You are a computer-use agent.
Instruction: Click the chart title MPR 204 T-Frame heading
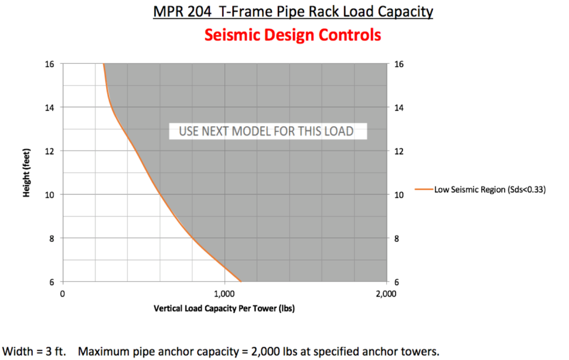point(292,12)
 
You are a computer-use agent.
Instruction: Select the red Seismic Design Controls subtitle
point(292,35)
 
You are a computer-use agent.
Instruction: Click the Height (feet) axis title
point(26,172)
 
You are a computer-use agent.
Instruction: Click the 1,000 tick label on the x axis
point(224,293)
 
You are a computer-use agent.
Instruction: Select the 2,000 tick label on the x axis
point(386,293)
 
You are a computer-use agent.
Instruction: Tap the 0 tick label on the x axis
point(63,293)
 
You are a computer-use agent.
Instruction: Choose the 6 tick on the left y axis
point(51,282)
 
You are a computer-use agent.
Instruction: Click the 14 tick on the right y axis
point(399,107)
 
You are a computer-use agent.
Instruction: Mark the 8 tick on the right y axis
point(397,238)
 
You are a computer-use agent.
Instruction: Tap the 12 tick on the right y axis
point(399,151)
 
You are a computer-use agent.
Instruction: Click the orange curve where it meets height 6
point(241,281)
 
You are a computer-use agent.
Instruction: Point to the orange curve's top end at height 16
point(104,65)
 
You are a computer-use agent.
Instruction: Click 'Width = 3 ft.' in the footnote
point(34,351)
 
